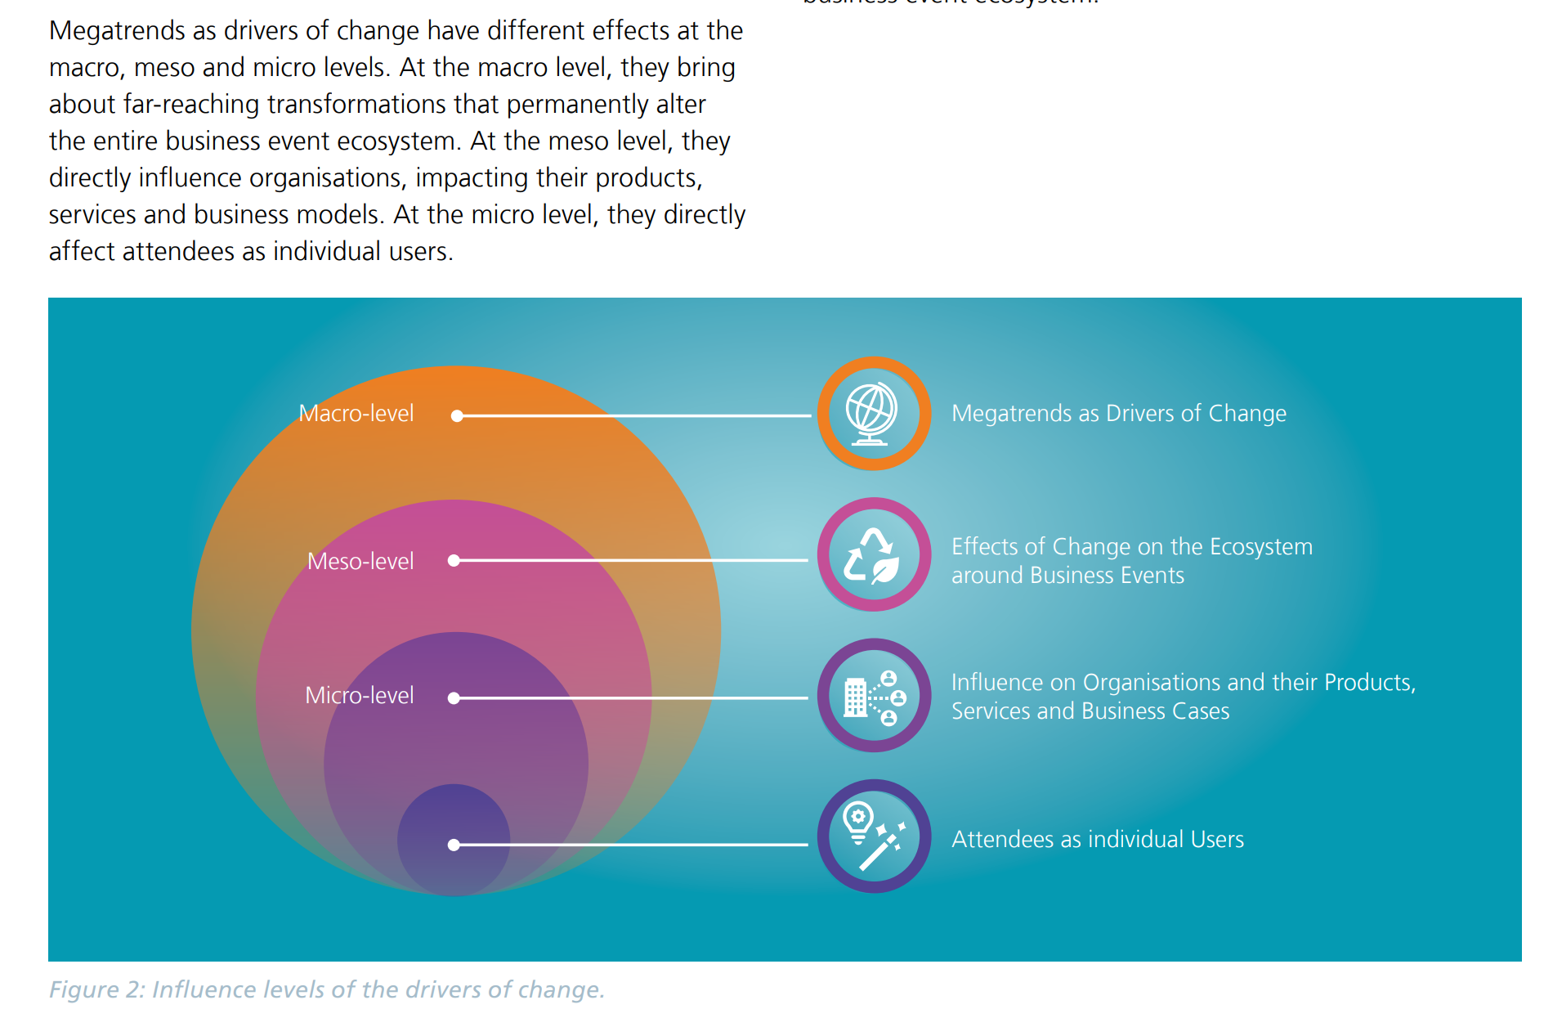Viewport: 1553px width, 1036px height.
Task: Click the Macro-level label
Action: click(356, 414)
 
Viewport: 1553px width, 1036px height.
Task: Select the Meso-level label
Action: click(360, 562)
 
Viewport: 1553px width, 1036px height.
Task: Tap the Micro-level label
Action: click(359, 696)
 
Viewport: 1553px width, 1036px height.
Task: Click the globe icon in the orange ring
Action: click(873, 414)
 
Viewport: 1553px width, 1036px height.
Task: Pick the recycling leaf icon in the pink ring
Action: click(873, 555)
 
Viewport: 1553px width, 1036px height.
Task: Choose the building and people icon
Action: click(873, 697)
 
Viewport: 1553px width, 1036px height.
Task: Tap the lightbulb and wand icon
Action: click(873, 836)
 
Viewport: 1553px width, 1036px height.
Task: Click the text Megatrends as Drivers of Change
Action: click(1118, 414)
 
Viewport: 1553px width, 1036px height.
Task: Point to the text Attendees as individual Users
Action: click(1097, 840)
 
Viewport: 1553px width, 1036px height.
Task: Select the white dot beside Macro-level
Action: click(458, 416)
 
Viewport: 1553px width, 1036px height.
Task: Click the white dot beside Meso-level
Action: click(454, 560)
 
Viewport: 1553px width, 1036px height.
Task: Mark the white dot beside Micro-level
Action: click(454, 698)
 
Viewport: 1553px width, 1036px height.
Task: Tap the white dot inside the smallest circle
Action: click(454, 845)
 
